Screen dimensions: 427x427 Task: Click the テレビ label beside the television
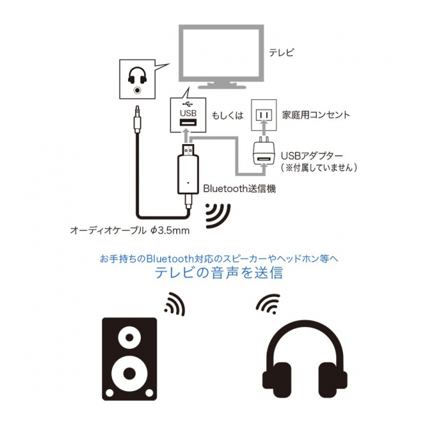tap(281, 52)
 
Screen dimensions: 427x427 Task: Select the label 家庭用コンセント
tap(317, 115)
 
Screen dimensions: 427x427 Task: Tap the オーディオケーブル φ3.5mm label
tap(131, 232)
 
